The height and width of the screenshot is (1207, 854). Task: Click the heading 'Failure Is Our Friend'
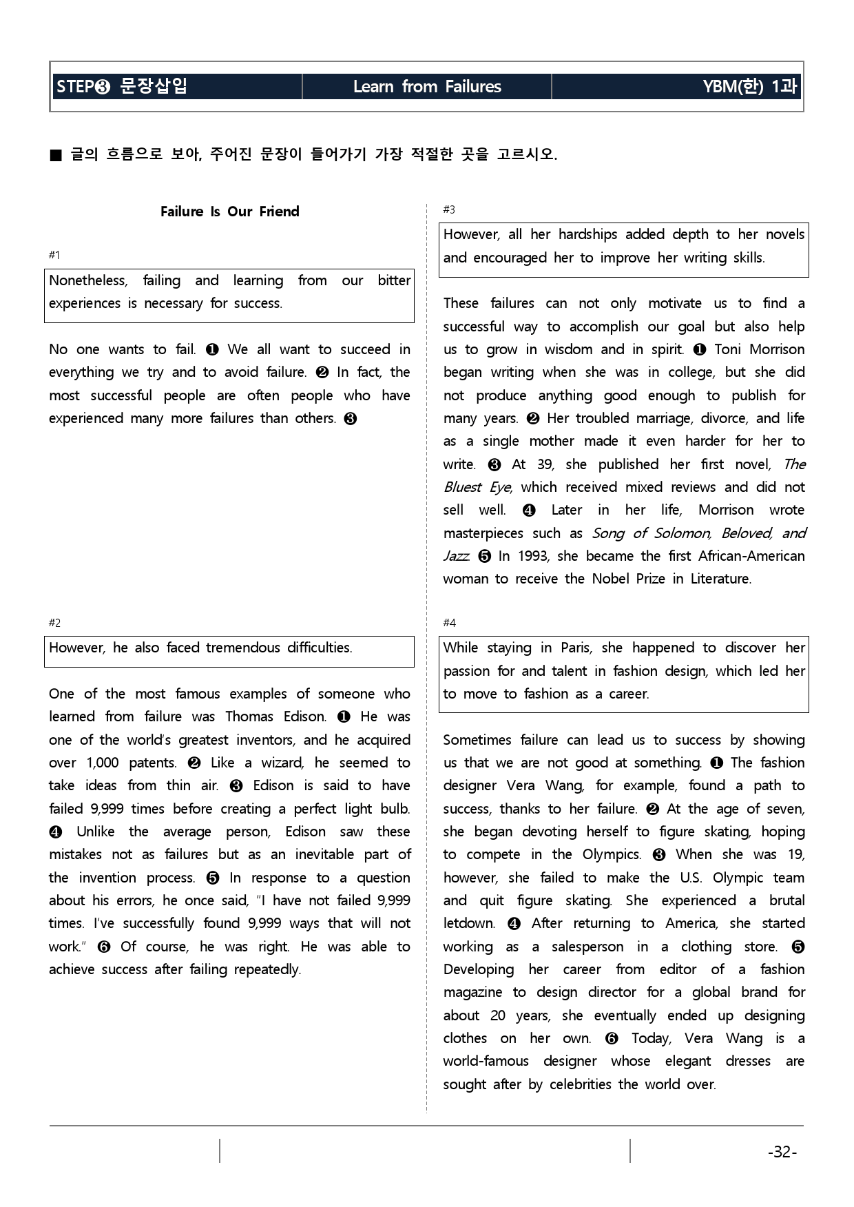tap(229, 212)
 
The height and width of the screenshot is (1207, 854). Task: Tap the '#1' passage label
tap(54, 255)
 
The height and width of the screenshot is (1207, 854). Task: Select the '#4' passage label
tap(449, 623)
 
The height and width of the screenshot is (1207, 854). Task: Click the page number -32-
tap(782, 1152)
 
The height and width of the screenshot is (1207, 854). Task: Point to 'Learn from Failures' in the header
tap(427, 87)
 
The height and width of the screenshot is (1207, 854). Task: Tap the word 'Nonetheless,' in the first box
tap(88, 280)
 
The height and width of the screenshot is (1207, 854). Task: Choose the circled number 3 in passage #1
tap(350, 419)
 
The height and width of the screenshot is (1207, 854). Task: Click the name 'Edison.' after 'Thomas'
tap(305, 716)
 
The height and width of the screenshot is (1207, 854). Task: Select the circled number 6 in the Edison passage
tap(104, 947)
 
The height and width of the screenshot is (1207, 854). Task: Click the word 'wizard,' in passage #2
tap(282, 763)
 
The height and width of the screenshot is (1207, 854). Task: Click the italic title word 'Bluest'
tap(462, 487)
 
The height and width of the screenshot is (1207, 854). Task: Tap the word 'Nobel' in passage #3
tap(614, 579)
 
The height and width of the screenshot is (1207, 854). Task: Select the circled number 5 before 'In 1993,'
tap(484, 556)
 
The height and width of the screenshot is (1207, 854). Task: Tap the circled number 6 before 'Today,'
tap(611, 1038)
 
